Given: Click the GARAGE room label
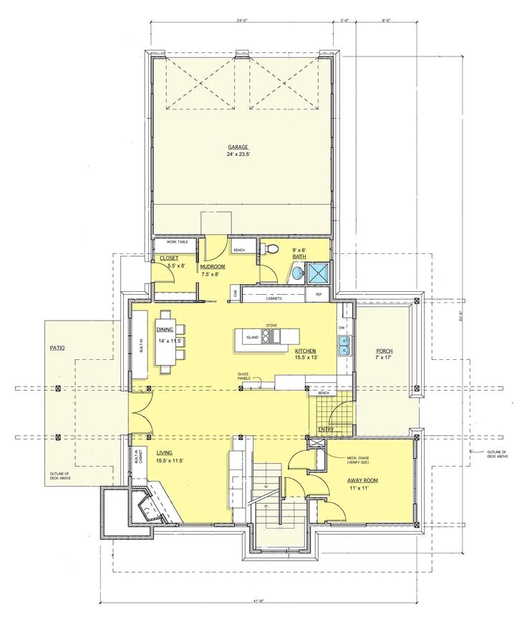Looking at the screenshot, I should click(x=238, y=147).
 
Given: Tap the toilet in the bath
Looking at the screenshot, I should click(x=271, y=248).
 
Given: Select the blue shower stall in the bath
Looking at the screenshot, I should click(x=316, y=272).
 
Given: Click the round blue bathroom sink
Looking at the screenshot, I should click(x=296, y=273).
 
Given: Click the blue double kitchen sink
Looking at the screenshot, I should click(x=344, y=347).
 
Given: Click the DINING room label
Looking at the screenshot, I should click(x=165, y=329).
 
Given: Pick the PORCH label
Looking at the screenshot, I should click(x=383, y=351).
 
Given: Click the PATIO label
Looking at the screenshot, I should click(x=57, y=348).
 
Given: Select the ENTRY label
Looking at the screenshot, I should click(x=326, y=429).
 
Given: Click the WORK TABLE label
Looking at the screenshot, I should click(x=177, y=242).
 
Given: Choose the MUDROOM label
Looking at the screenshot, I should click(x=213, y=266).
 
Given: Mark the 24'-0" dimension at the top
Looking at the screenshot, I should click(x=242, y=20).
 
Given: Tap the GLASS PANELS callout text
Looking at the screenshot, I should click(x=247, y=376).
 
